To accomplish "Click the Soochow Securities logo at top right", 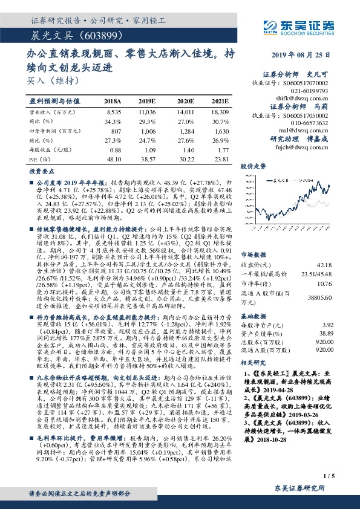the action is (303, 26).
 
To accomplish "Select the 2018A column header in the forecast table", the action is (113, 101).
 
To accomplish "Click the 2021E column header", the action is (220, 101).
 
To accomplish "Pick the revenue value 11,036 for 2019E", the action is (148, 112).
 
